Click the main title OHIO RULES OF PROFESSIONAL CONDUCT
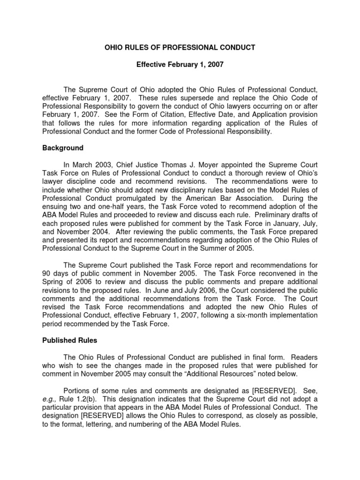point(180,47)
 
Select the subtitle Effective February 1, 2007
point(180,65)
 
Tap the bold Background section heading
point(63,148)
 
